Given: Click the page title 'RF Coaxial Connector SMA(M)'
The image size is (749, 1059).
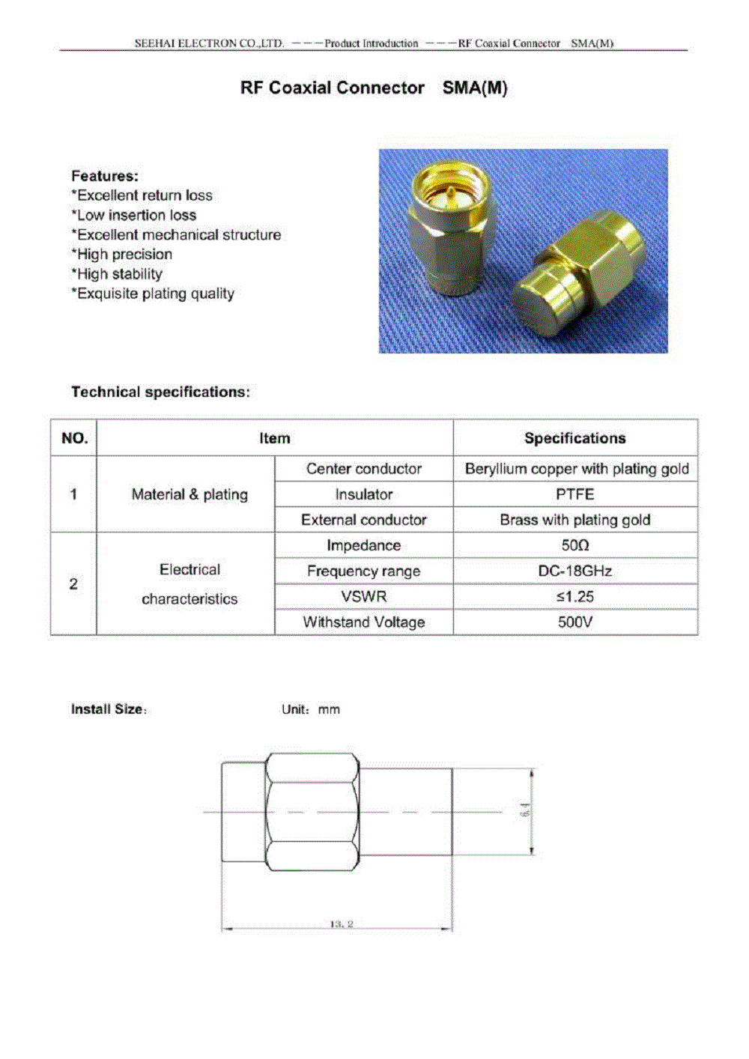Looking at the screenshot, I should [374, 88].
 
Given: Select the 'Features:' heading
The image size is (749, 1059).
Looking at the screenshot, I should [105, 176].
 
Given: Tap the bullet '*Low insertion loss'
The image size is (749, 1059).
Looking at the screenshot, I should [134, 216].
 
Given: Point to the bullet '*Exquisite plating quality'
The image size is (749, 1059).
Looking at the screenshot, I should [154, 294].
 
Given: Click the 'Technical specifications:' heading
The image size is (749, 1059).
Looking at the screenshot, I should [160, 392].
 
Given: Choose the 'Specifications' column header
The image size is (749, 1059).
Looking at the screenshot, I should [574, 438].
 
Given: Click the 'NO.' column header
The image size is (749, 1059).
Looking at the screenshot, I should [74, 438].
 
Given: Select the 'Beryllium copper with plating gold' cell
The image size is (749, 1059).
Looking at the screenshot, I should [576, 469].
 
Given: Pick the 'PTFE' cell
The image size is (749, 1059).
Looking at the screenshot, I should [574, 494].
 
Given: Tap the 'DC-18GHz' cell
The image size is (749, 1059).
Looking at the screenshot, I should [574, 571].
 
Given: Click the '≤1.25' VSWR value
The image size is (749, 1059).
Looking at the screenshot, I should [574, 596].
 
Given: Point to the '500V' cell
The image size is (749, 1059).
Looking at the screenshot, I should [574, 622].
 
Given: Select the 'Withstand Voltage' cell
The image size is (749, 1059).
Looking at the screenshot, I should [363, 622].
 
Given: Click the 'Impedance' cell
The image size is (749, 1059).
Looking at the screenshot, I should [363, 545].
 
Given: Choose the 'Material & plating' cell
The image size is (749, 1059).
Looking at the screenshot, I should [189, 494].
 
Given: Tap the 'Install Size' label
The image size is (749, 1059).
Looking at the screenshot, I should [107, 709].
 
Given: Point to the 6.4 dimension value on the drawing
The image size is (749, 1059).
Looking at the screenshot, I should [525, 810].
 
